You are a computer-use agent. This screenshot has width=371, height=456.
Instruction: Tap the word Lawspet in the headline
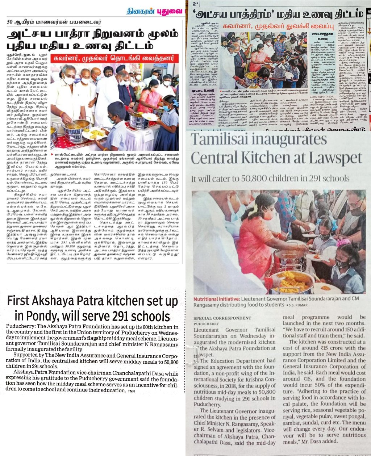[x=334, y=158]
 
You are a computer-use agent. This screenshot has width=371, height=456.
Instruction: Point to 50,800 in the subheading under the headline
[x=255, y=179]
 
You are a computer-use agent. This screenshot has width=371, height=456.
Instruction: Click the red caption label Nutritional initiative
[x=216, y=299]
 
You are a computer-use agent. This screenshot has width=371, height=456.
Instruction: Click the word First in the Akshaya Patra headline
[x=25, y=301]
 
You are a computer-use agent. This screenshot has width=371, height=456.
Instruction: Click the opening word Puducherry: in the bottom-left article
[x=21, y=326]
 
